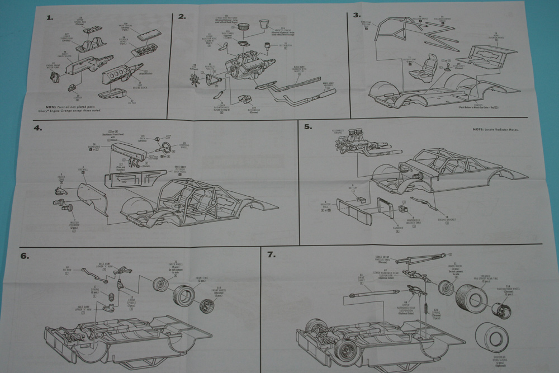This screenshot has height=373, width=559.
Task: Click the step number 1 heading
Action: [50, 17]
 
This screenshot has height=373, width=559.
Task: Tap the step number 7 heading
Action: [272, 255]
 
